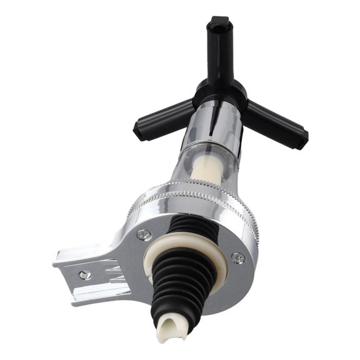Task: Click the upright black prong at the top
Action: coord(221,50)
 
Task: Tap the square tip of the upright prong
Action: coord(220,25)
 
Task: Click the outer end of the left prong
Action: coord(141,129)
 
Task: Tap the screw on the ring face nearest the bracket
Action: coord(144,234)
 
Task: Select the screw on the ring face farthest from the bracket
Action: coord(237,257)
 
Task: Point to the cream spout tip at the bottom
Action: coord(172,329)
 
